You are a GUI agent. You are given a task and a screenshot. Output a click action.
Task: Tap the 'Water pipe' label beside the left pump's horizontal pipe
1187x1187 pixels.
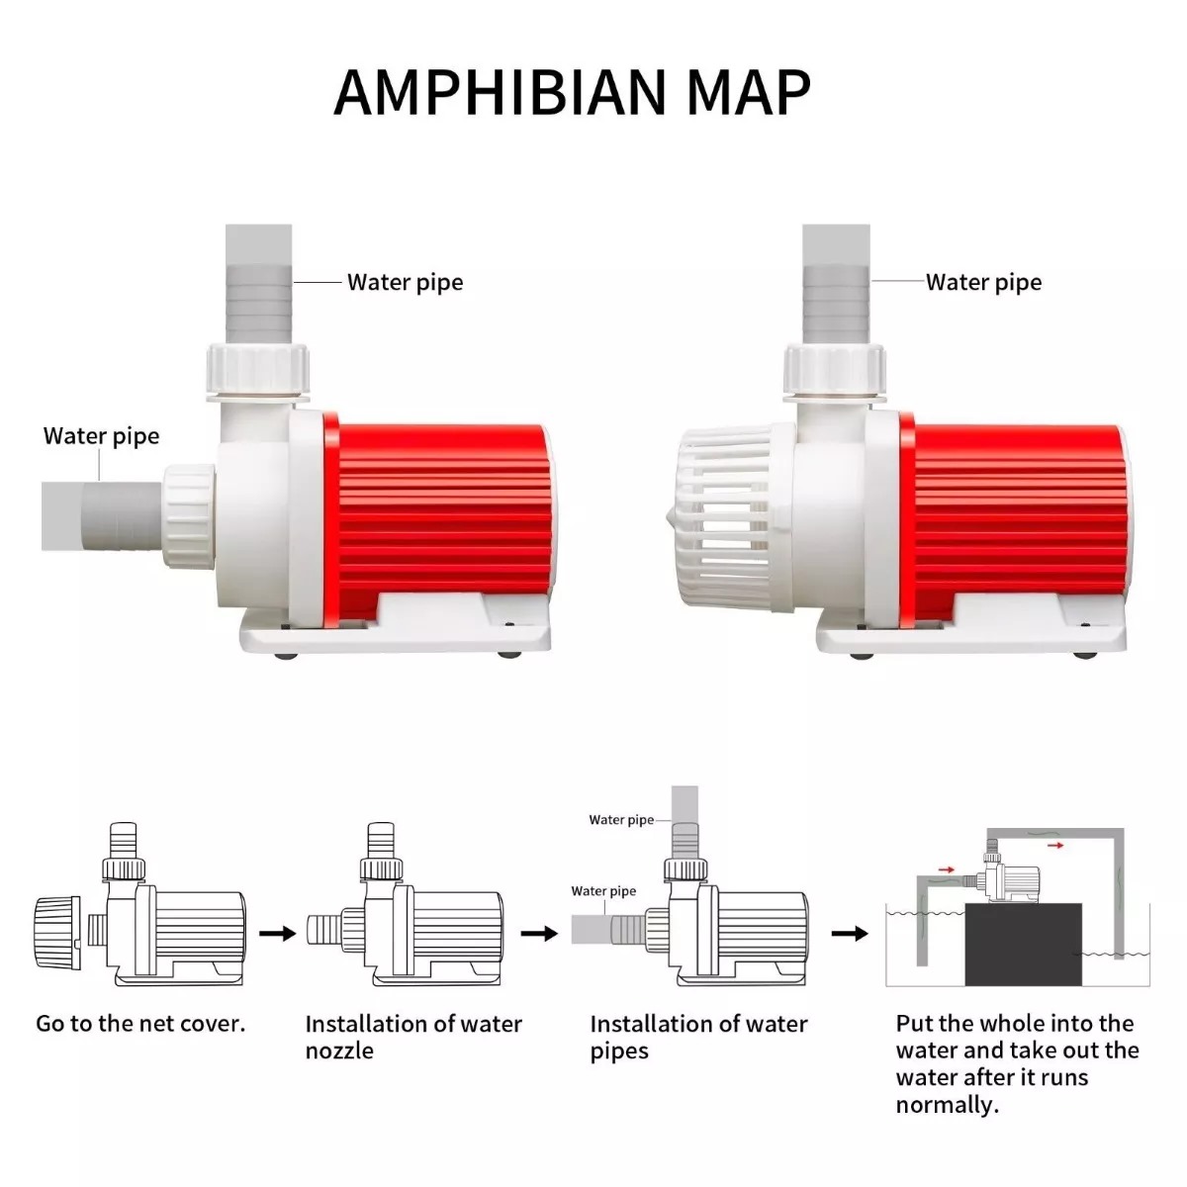(x=102, y=436)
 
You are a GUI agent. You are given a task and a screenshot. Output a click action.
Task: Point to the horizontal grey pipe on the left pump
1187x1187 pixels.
(x=102, y=516)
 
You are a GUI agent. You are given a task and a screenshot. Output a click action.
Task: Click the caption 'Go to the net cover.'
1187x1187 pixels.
(x=140, y=1023)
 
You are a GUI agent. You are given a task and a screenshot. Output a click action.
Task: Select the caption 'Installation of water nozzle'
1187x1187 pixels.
(x=413, y=1037)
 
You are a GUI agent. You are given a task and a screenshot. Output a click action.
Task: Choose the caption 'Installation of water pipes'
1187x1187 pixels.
(x=698, y=1037)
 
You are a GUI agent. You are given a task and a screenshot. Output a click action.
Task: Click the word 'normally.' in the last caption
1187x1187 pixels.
(x=948, y=1105)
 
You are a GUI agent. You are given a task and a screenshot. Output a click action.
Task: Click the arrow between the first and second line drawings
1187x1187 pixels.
(x=277, y=934)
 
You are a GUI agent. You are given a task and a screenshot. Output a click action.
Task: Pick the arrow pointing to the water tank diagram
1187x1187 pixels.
(x=850, y=934)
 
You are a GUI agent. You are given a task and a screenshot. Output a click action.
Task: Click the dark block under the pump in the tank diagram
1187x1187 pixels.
(x=1023, y=945)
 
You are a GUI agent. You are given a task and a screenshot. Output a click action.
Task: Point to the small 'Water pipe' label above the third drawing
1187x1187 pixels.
(x=621, y=820)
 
